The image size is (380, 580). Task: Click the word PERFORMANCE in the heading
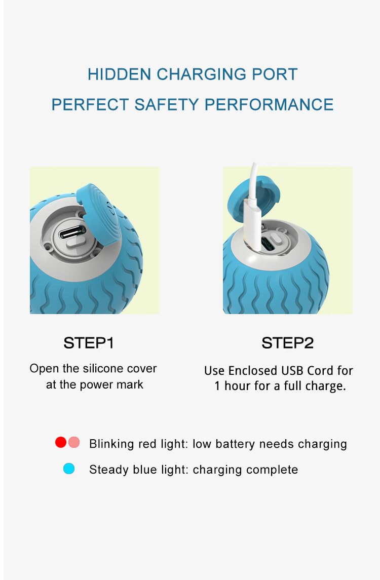[269, 105]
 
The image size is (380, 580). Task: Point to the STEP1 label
[89, 343]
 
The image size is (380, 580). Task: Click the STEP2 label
[287, 343]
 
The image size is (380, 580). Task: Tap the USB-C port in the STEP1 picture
[72, 233]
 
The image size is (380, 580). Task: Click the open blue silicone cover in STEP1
[98, 215]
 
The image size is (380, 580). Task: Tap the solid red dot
[61, 442]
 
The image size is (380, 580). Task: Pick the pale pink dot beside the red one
[74, 442]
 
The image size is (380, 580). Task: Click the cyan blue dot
[69, 469]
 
